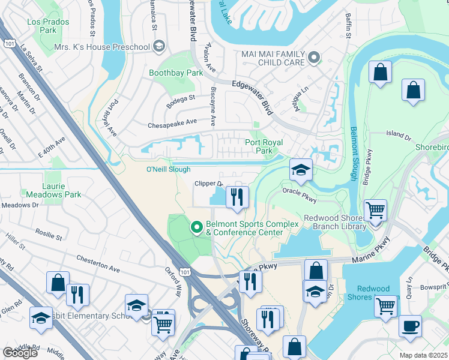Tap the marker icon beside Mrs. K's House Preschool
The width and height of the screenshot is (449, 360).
click(159, 46)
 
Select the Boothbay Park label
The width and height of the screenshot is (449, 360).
click(176, 73)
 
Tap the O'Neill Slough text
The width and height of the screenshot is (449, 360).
click(169, 170)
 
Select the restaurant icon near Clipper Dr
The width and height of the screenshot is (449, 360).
click(237, 197)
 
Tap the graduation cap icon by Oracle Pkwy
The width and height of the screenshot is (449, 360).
click(301, 170)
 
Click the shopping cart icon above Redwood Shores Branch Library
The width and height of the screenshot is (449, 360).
click(375, 211)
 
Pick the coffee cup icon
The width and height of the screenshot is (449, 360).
click(410, 326)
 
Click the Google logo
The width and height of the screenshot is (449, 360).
click(20, 352)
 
